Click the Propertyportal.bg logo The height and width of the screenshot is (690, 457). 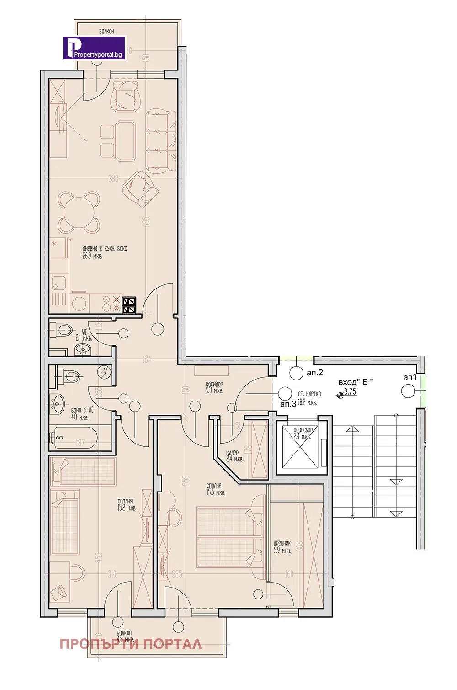[94, 48]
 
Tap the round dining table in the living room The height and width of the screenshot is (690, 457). [79, 213]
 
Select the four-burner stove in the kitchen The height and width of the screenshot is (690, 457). [129, 305]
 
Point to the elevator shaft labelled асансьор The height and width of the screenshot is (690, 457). [300, 447]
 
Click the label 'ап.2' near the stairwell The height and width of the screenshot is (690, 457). [314, 373]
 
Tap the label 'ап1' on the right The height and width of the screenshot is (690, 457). [410, 377]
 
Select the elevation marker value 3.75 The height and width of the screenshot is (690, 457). [350, 392]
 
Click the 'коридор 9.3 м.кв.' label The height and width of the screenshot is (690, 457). [214, 388]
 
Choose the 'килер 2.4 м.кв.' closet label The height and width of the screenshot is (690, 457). [234, 456]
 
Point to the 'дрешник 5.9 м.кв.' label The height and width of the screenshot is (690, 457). [282, 547]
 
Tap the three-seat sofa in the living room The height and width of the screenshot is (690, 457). [161, 140]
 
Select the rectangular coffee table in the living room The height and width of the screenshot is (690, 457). [125, 141]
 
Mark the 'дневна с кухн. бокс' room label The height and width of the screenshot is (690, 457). [105, 252]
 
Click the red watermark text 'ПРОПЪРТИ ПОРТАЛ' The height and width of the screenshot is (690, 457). [131, 644]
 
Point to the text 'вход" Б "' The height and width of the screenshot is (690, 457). [355, 382]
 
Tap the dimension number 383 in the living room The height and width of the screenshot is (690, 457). [113, 179]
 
